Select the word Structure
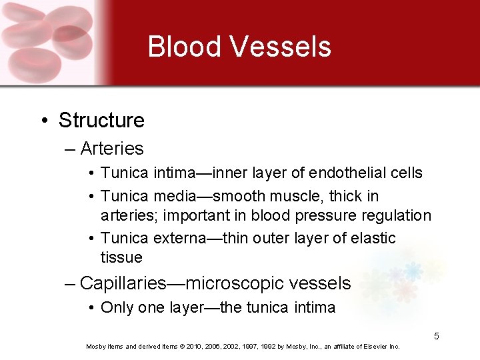(x=101, y=121)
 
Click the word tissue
(x=121, y=257)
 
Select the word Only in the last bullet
(x=115, y=307)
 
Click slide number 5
(x=437, y=336)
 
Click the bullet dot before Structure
(x=43, y=121)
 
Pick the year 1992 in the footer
(x=261, y=347)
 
